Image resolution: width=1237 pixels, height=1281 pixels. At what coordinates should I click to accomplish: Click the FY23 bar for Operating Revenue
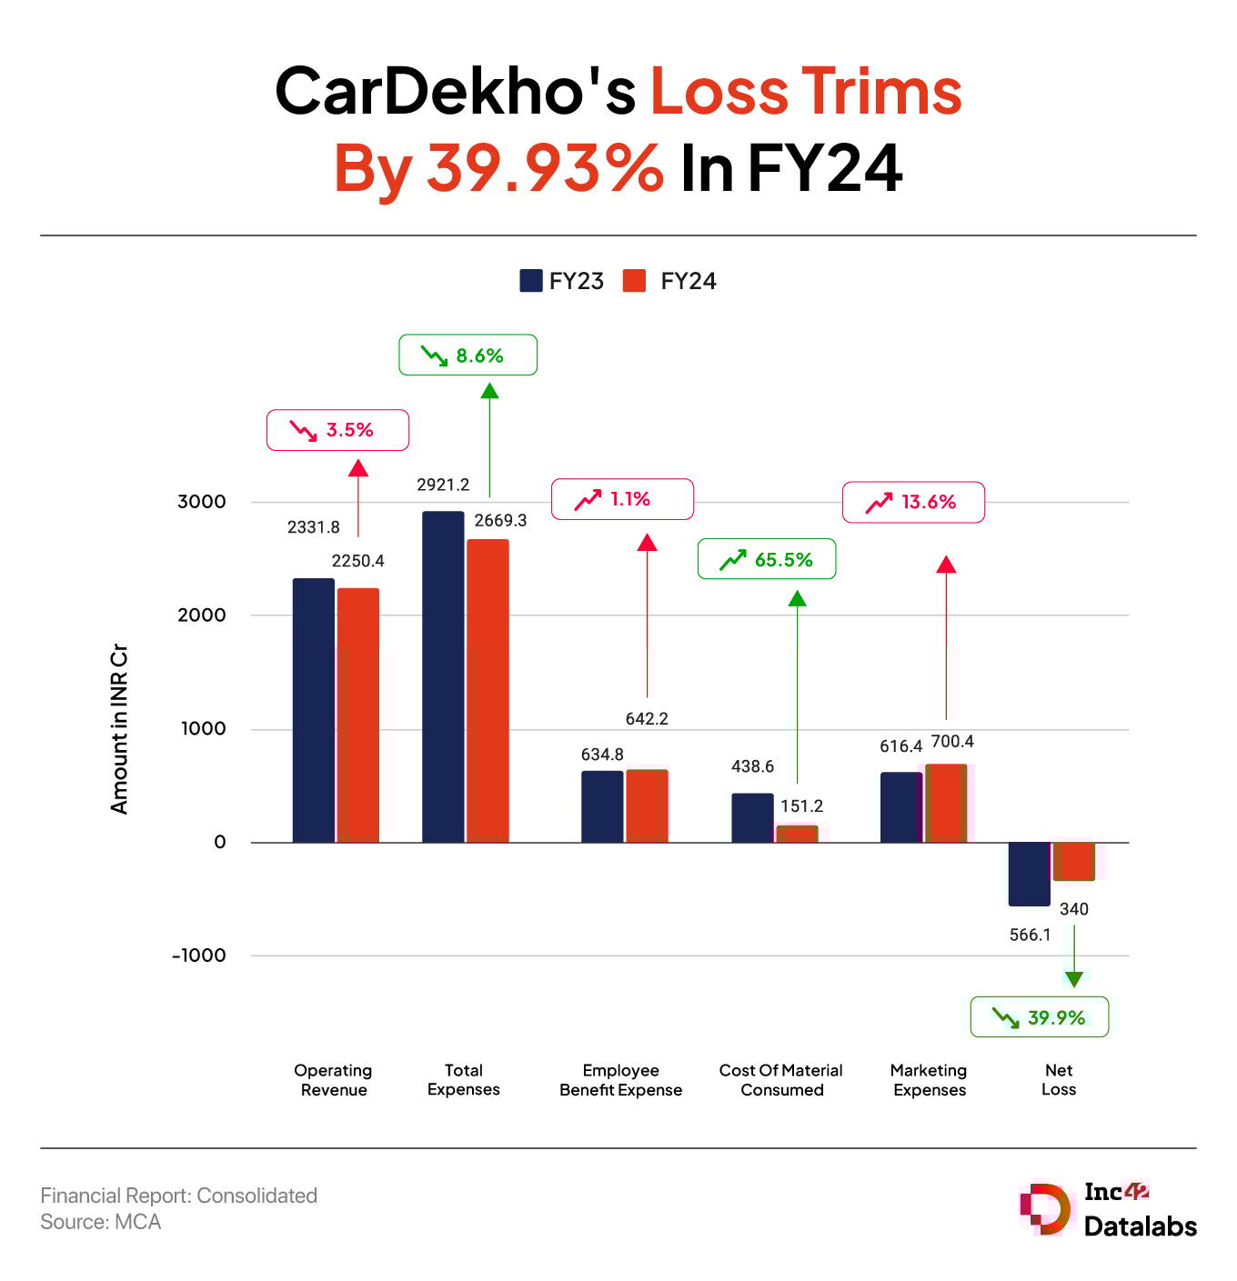[x=313, y=710]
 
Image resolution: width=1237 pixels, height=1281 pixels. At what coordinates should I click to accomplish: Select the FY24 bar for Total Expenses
[x=488, y=691]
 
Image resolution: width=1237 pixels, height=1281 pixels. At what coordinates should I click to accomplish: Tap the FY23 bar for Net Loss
[x=1029, y=874]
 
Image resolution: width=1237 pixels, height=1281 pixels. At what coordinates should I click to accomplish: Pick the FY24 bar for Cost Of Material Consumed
[x=797, y=834]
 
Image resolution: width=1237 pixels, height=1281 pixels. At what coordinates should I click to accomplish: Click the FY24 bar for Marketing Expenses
[x=946, y=803]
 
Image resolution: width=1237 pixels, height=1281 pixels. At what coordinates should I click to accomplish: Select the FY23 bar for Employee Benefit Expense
[x=602, y=806]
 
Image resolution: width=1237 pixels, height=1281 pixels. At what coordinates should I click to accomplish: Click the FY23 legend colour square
[x=530, y=281]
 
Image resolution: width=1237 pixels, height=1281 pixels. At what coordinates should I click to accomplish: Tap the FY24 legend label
[x=688, y=281]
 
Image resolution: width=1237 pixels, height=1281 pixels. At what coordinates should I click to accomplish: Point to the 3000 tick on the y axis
[x=202, y=502]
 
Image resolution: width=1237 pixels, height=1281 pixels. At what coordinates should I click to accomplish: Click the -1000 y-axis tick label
[x=199, y=956]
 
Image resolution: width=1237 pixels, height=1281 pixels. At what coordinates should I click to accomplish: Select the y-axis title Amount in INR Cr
[x=119, y=729]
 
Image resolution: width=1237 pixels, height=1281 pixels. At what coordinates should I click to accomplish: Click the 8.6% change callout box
[x=468, y=355]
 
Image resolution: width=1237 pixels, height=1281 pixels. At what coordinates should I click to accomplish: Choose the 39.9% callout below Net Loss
[x=1039, y=1017]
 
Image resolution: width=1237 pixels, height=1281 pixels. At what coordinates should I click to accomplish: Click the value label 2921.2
[x=443, y=485]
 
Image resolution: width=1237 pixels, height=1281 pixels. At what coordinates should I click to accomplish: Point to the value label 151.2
[x=801, y=806]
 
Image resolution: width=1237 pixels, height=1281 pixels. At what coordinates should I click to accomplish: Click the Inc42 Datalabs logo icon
[x=1045, y=1209]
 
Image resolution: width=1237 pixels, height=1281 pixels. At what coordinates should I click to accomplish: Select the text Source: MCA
[x=100, y=1222]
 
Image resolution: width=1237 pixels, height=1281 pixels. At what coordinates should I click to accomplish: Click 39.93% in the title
[x=545, y=167]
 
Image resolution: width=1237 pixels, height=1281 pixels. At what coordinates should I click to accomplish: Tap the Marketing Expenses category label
[x=929, y=1080]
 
